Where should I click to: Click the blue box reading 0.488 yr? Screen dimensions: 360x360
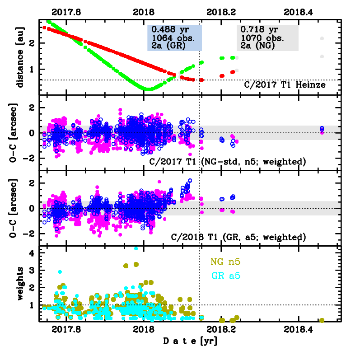click(174, 38)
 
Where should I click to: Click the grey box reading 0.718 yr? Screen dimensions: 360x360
click(267, 38)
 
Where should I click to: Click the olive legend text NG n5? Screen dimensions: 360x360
click(224, 262)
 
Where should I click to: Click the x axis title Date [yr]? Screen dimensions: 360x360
click(190, 342)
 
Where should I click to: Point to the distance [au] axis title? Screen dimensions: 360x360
click(20, 57)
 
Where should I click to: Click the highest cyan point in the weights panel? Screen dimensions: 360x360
click(136, 248)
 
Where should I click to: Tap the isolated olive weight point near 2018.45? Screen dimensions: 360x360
click(322, 320)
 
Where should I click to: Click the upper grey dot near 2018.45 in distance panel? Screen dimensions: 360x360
click(322, 39)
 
